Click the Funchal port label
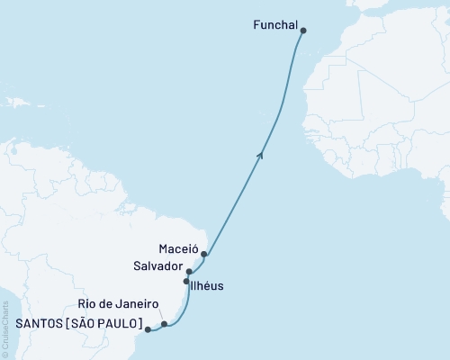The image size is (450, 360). tap(274, 28)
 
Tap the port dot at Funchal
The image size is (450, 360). tap(303, 31)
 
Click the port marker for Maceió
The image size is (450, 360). tap(204, 254)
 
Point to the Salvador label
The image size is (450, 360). tap(158, 267)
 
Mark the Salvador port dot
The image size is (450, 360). tap(189, 271)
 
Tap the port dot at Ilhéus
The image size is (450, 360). tap(186, 282)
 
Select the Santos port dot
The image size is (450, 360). tap(148, 329)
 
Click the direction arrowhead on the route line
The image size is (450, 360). tap(261, 155)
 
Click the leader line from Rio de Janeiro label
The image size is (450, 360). tap(159, 316)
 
